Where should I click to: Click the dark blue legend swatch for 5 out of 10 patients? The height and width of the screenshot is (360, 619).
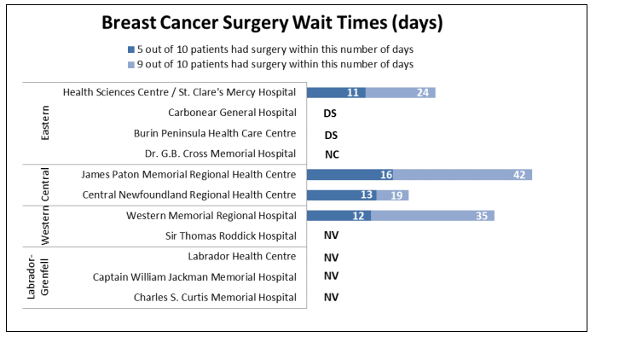click(x=130, y=49)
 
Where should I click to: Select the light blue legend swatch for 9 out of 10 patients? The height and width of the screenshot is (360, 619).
click(x=130, y=64)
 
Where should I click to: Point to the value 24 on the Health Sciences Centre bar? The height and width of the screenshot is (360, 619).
click(x=423, y=93)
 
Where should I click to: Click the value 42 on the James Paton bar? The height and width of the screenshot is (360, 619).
click(x=519, y=175)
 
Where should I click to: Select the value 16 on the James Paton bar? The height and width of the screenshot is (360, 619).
click(x=386, y=175)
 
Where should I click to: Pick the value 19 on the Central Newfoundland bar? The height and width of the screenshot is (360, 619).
click(x=396, y=195)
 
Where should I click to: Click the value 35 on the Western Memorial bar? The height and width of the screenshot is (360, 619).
click(x=482, y=216)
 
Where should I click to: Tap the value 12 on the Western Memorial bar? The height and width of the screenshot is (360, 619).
click(x=357, y=216)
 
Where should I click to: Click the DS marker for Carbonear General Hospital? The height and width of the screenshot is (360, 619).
click(x=331, y=113)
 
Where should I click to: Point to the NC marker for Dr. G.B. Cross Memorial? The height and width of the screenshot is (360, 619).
click(x=332, y=154)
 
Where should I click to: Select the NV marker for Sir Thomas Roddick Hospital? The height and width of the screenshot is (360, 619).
click(x=332, y=236)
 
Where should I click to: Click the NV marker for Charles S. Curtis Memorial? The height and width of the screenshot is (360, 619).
click(x=332, y=298)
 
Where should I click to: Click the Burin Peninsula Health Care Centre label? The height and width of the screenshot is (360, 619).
click(x=215, y=133)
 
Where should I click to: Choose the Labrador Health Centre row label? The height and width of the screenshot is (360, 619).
click(x=241, y=256)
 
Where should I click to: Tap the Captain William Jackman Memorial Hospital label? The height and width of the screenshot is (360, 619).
click(x=194, y=276)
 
